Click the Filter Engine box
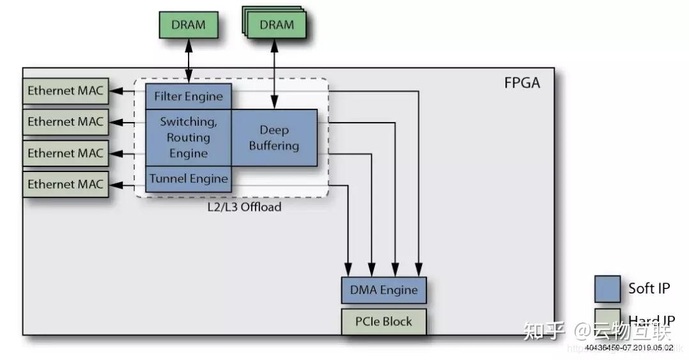point(188,97)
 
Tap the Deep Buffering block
point(274,138)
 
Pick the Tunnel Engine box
point(188,178)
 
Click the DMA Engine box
point(383,290)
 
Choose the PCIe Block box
point(383,321)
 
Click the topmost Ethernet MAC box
point(65,91)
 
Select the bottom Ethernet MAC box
point(65,184)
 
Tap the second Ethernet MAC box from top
point(65,121)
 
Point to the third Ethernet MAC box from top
point(65,153)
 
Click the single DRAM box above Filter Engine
point(189,26)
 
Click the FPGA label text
point(522,84)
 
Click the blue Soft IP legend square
point(607,289)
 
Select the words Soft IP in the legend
point(649,288)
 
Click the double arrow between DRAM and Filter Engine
point(189,61)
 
